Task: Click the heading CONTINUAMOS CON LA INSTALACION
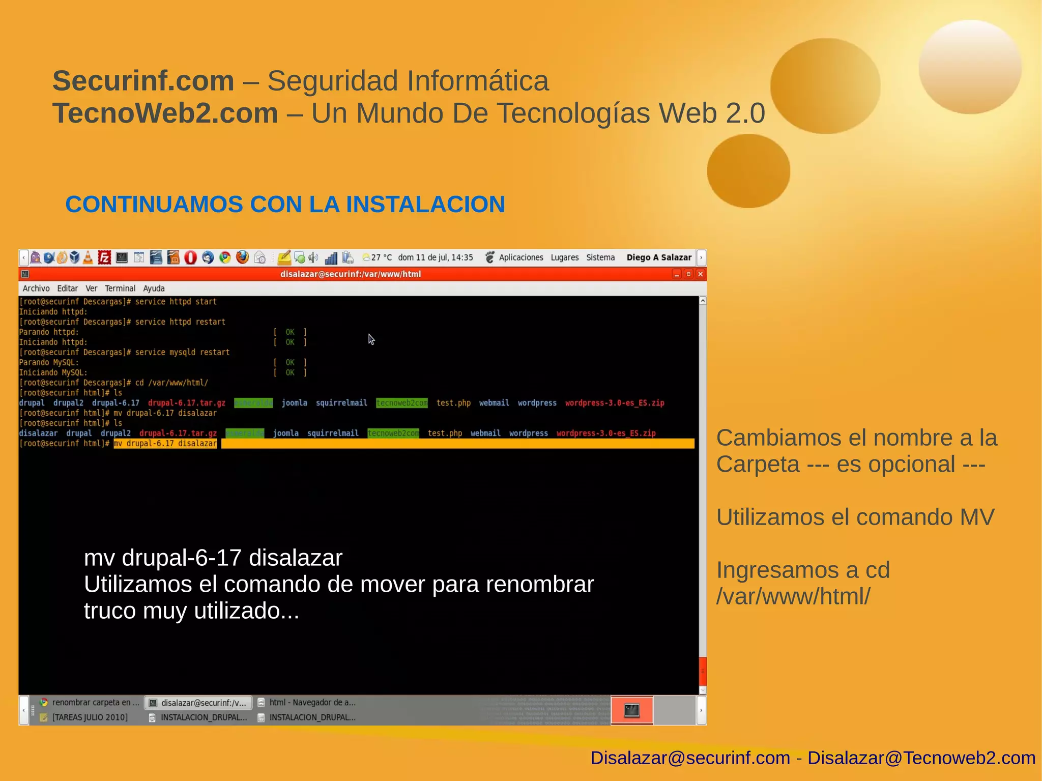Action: point(285,205)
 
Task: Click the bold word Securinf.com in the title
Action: point(143,81)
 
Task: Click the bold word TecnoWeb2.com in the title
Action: point(165,113)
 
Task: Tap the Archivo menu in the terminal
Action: point(36,288)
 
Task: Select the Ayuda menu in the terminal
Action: point(154,288)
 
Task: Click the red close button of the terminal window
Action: point(700,274)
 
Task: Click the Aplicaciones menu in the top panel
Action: point(520,257)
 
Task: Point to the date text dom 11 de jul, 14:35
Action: point(435,257)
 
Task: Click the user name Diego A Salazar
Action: point(659,257)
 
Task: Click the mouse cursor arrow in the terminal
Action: point(371,339)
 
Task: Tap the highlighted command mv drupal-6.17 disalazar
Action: point(165,444)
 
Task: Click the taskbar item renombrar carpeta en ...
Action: point(95,703)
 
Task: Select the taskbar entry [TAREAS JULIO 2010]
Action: point(90,717)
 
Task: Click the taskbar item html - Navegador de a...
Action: point(312,703)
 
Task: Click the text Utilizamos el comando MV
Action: point(855,517)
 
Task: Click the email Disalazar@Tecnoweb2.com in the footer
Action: point(921,758)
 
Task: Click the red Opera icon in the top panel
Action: point(190,257)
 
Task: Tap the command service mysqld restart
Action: point(182,352)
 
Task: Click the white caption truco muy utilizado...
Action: point(191,611)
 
